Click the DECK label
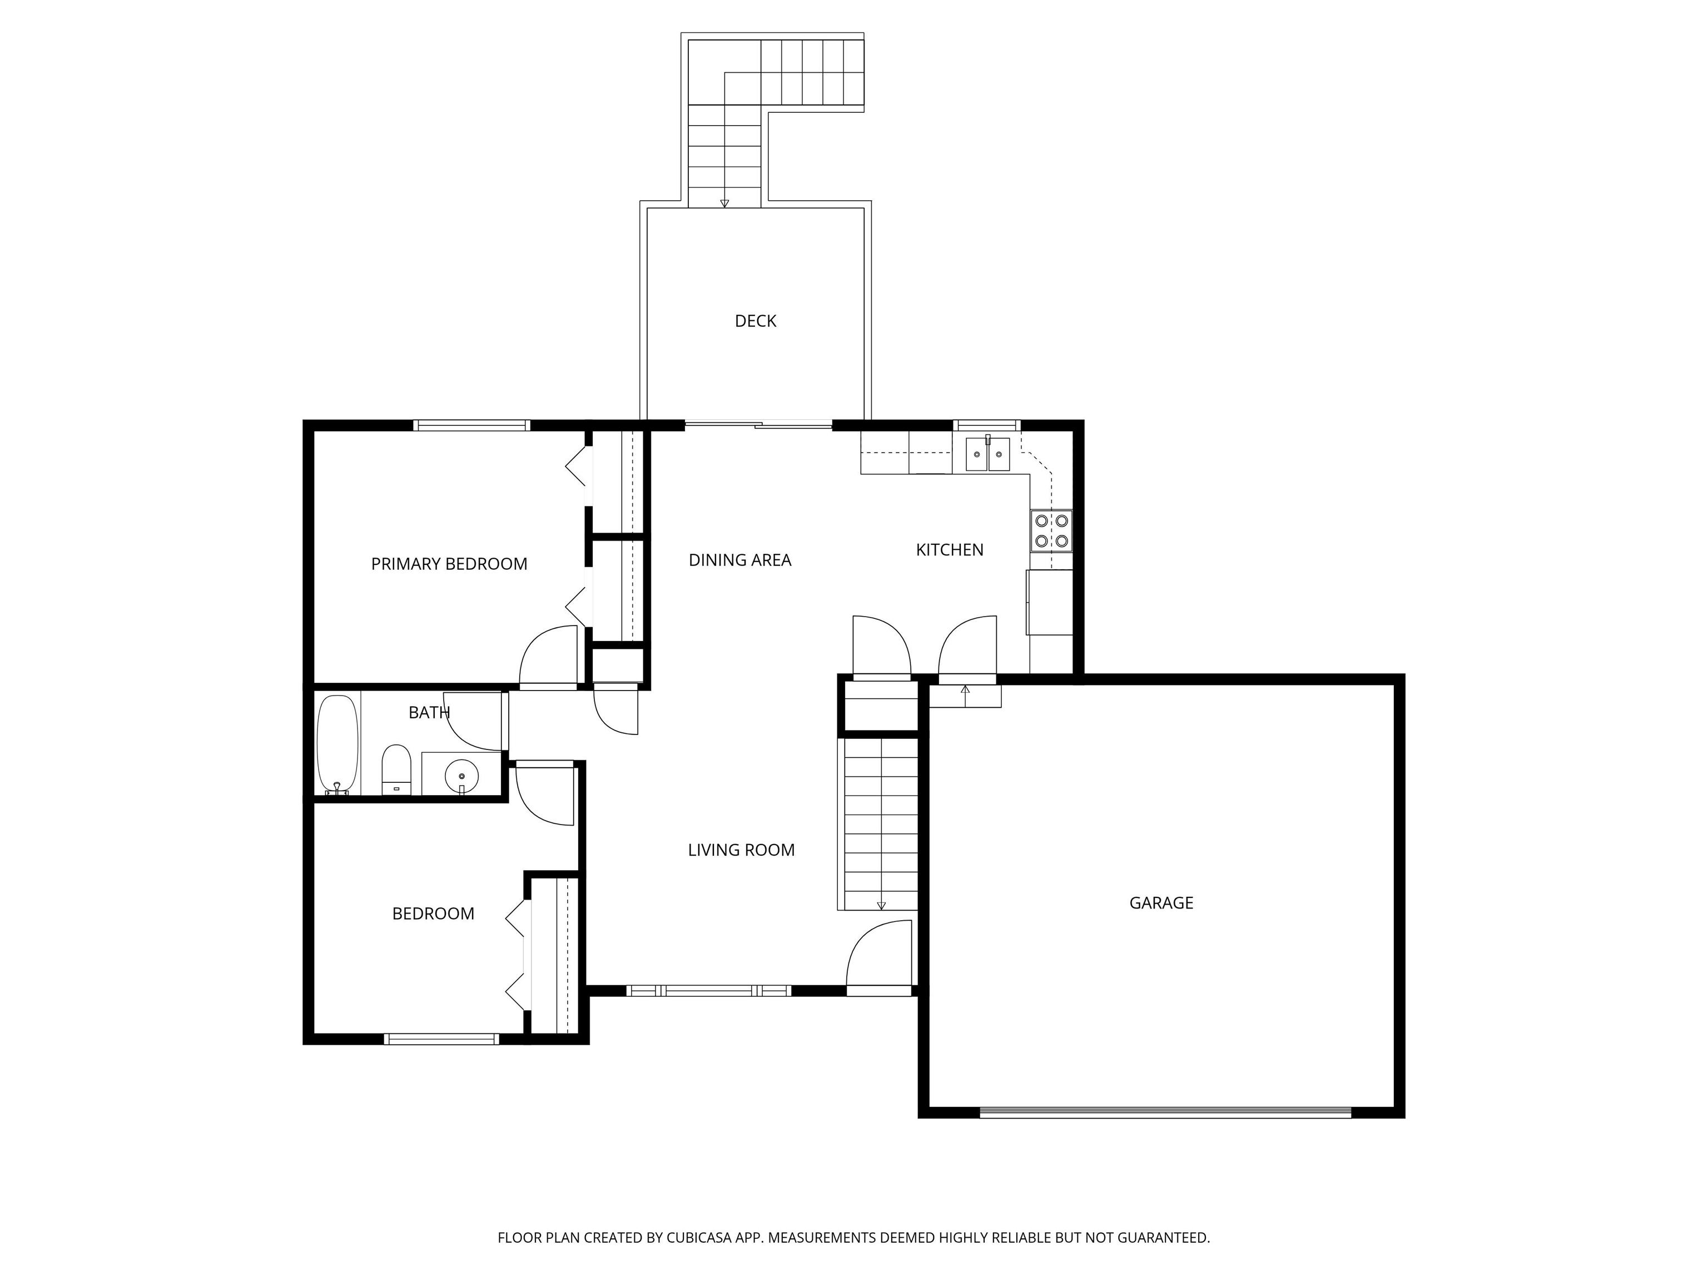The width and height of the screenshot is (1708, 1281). [755, 321]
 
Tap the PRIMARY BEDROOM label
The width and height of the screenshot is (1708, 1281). [449, 564]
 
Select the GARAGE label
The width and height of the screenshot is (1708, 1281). [1161, 902]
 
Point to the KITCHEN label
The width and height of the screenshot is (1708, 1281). [950, 550]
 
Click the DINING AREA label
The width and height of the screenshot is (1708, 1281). [739, 560]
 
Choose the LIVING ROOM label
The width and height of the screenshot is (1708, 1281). [741, 850]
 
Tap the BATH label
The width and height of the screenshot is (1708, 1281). [429, 713]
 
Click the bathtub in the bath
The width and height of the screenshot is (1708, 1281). [338, 744]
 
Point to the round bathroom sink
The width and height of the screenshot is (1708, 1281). [461, 774]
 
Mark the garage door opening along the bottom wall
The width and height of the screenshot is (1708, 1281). [1166, 1113]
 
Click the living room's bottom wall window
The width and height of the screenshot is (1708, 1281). [709, 991]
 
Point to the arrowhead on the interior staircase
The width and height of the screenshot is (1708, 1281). [881, 906]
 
